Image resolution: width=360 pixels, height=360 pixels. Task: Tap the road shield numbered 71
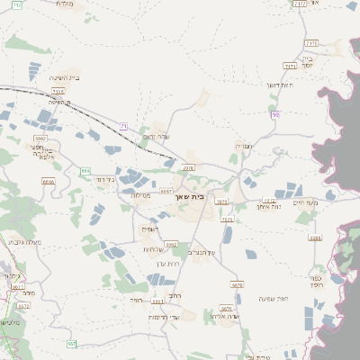pyautogui.click(x=123, y=126)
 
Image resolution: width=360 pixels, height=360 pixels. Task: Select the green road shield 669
pyautogui.click(x=85, y=170)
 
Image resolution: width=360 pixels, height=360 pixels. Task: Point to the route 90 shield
pyautogui.click(x=275, y=114)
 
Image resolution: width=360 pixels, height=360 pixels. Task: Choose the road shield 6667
pyautogui.click(x=166, y=191)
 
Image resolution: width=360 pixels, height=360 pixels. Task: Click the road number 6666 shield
pyautogui.click(x=49, y=181)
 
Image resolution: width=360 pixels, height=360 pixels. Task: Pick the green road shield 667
pyautogui.click(x=71, y=344)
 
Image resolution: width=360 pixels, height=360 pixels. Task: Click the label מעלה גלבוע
pyautogui.click(x=23, y=241)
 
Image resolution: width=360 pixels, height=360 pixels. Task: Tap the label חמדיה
pyautogui.click(x=243, y=145)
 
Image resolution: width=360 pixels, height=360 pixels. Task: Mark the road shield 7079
pyautogui.click(x=227, y=218)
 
